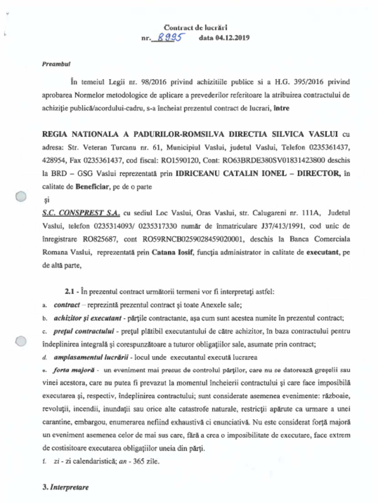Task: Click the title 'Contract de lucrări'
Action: pos(195,28)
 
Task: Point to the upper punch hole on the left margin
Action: pos(20,197)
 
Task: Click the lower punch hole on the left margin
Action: pos(20,341)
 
